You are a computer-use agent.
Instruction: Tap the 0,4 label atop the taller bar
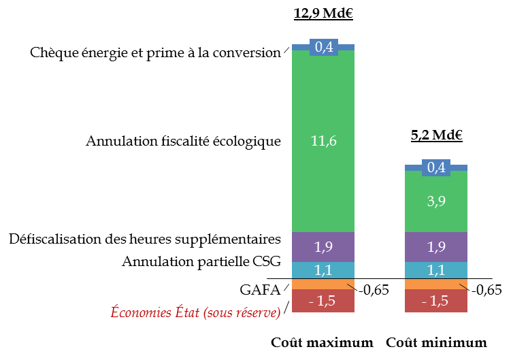click(324, 47)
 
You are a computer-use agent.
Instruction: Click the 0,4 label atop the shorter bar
click(436, 167)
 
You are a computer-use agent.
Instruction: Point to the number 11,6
click(323, 142)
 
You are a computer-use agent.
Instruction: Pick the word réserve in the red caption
click(255, 313)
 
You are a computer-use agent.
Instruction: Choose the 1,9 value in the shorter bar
click(436, 247)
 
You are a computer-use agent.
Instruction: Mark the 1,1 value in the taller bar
click(323, 270)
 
